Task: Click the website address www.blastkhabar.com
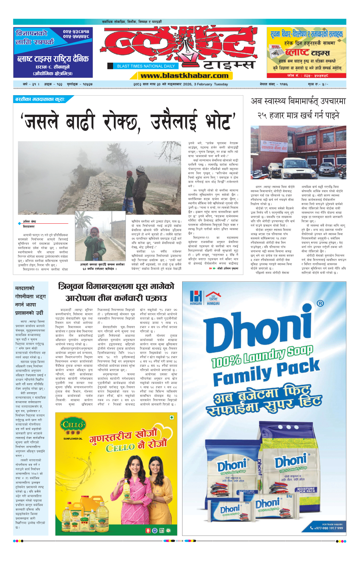(x=184, y=76)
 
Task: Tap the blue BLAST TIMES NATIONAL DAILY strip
(x=146, y=66)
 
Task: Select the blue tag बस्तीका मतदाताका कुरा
(x=40, y=99)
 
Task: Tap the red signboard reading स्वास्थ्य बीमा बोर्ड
(x=274, y=147)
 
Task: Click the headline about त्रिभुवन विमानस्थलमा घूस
(x=116, y=292)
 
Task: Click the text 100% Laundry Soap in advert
(x=262, y=356)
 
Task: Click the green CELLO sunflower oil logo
(x=73, y=426)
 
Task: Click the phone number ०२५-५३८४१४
(x=76, y=32)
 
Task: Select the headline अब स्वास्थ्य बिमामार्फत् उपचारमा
(x=298, y=101)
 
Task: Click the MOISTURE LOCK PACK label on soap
(x=306, y=490)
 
